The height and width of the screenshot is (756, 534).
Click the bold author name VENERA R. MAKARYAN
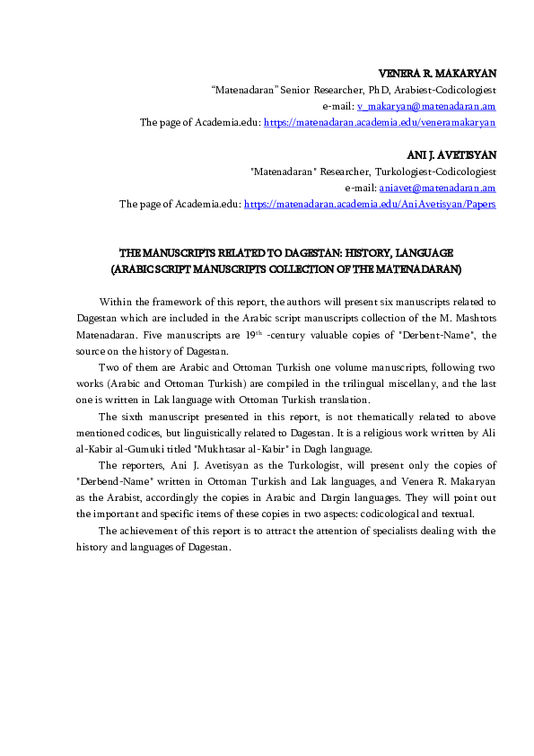pos(437,73)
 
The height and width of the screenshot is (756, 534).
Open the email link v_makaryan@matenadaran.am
pos(420,105)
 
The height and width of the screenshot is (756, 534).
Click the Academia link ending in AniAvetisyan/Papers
pos(370,204)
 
